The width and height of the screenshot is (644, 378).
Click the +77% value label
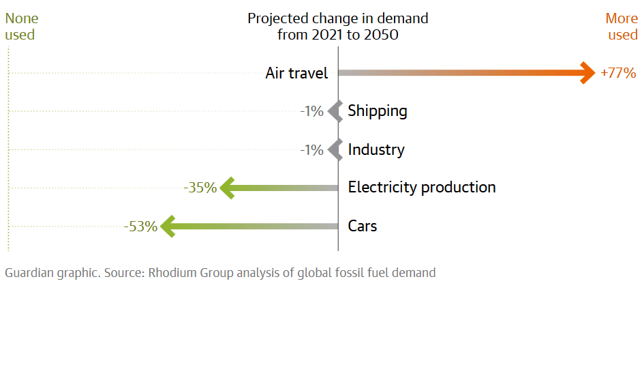(x=618, y=73)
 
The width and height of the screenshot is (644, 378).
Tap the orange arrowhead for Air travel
(x=588, y=73)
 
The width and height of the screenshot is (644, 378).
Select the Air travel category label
(x=296, y=73)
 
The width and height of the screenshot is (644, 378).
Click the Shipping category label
(x=378, y=111)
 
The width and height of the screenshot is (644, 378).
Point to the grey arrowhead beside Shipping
(x=334, y=111)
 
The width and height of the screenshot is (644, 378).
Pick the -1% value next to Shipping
(x=312, y=111)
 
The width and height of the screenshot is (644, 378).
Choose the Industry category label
(x=376, y=149)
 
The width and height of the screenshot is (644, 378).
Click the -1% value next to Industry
(x=312, y=149)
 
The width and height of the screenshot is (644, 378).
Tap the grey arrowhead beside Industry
(x=334, y=149)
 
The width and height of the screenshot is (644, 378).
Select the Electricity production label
(x=422, y=188)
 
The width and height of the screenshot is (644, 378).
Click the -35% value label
(x=200, y=188)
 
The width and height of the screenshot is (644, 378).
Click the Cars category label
(x=363, y=226)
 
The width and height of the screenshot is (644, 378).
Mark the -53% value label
(x=140, y=227)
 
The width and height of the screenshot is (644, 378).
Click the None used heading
(x=22, y=27)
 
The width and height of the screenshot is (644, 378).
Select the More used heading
(x=622, y=27)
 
